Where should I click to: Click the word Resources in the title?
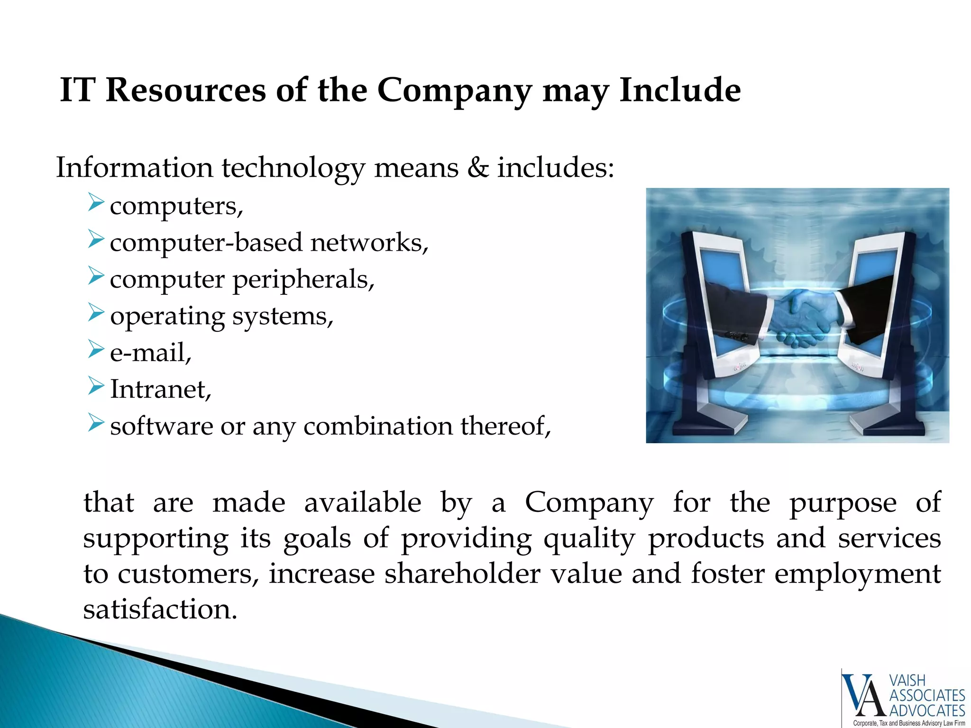pyautogui.click(x=185, y=90)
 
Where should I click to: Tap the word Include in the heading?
pyautogui.click(x=680, y=90)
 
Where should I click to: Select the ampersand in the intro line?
pyautogui.click(x=478, y=168)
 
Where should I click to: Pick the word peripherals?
pyautogui.click(x=303, y=280)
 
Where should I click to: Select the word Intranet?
pyautogui.click(x=160, y=390)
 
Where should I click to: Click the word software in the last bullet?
pyautogui.click(x=161, y=426)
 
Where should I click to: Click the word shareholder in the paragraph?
pyautogui.click(x=462, y=574)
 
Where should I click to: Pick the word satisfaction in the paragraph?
pyautogui.click(x=160, y=610)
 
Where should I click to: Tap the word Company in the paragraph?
pyautogui.click(x=589, y=502)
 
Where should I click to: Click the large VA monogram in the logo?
pyautogui.click(x=864, y=696)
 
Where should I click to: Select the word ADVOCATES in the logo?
pyautogui.click(x=927, y=710)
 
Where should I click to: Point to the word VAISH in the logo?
pyautogui.click(x=907, y=681)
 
